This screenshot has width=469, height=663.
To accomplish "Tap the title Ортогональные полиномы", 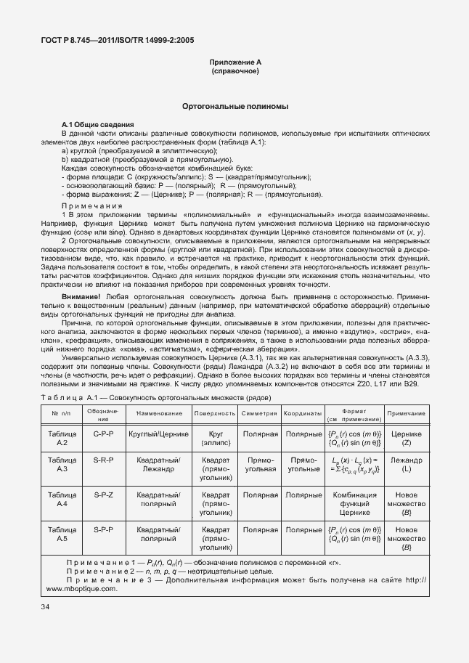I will point(234,107).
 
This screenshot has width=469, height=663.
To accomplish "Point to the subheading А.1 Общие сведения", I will point(93,126).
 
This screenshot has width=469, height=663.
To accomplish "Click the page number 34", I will point(46,607).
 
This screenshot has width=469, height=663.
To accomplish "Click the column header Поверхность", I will point(216,412).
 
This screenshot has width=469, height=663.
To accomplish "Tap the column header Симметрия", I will point(260,412).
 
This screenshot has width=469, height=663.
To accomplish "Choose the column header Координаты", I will point(303,412).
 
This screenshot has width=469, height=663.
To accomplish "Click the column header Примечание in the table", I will point(407,412).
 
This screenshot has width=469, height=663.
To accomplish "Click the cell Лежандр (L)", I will point(407,465).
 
